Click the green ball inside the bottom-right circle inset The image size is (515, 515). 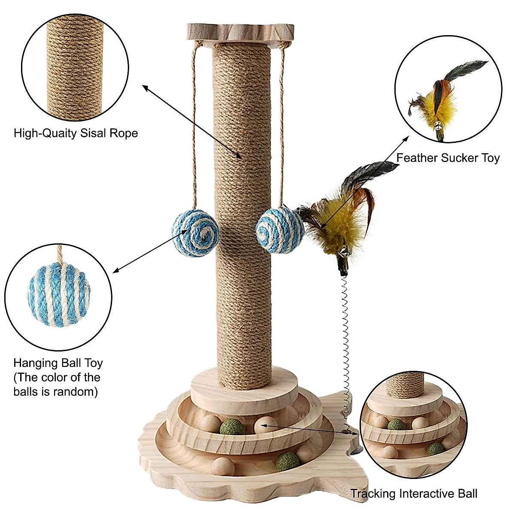coord(395,425)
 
